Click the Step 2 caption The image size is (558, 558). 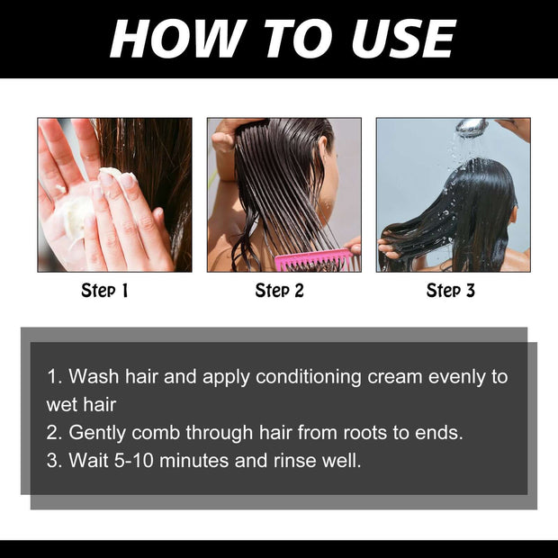pos(279,290)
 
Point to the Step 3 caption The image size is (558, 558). pos(450,290)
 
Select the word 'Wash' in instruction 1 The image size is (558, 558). pos(91,376)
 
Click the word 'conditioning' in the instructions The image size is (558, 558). pos(309,376)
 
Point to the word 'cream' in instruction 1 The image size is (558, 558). pos(393,376)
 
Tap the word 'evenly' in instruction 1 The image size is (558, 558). pos(455,376)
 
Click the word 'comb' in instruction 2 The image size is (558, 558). pos(158,432)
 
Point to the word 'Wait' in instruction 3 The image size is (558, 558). pos(86,461)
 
